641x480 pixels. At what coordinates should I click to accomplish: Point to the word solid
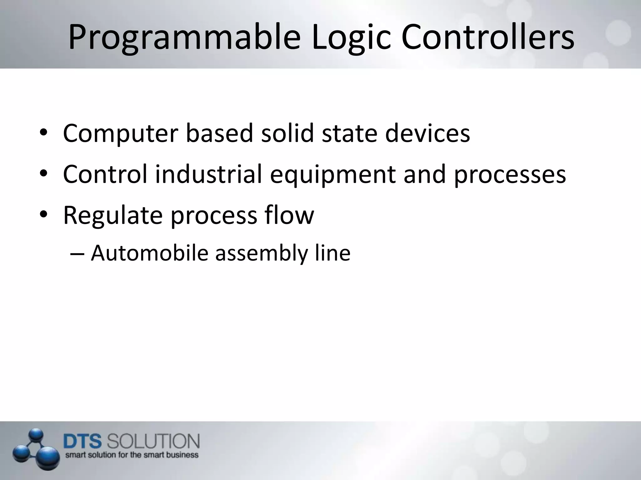point(287,133)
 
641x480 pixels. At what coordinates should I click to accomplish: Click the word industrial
point(208,174)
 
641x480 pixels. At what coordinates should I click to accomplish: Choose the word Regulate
point(113,216)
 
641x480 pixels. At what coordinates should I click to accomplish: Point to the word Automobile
point(150,253)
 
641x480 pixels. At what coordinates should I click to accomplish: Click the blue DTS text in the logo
point(83,442)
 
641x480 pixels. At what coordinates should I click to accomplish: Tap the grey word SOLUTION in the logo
point(153,442)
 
